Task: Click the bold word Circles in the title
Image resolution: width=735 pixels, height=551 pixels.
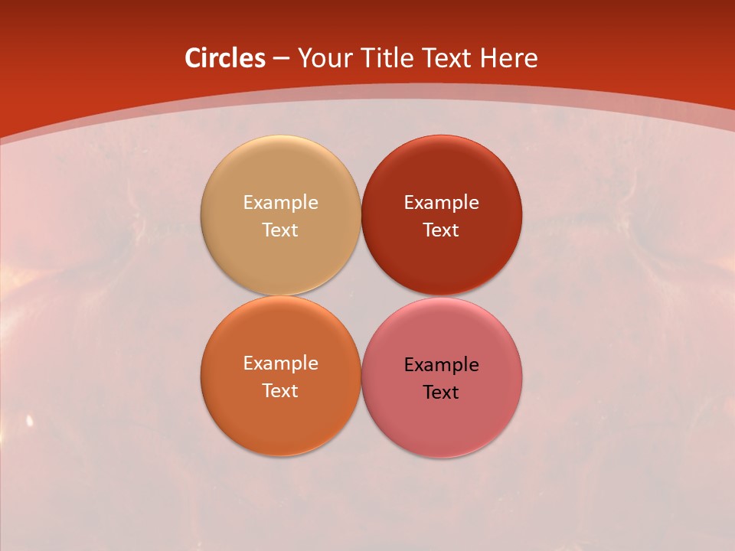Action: [x=225, y=58]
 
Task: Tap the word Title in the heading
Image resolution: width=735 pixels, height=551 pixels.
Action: [x=389, y=58]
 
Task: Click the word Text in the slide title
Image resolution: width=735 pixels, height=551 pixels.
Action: [x=449, y=58]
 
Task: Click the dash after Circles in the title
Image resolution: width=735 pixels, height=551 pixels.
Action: [x=281, y=59]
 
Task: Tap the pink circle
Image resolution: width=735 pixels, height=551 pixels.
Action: [x=441, y=421]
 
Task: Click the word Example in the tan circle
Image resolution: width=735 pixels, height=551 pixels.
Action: [x=280, y=203]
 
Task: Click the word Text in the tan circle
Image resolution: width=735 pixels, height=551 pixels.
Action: [x=280, y=230]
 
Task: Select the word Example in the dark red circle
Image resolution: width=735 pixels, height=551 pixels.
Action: [x=441, y=203]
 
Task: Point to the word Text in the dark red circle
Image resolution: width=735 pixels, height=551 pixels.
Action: [x=441, y=230]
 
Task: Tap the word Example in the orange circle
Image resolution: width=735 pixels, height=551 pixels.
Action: [x=280, y=364]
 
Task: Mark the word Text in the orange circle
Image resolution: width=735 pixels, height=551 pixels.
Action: [x=280, y=391]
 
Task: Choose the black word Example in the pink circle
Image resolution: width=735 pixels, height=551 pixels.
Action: [x=441, y=365]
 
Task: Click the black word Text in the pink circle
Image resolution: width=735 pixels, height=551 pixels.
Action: [x=441, y=393]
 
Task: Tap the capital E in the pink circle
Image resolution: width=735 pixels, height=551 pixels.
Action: [x=410, y=364]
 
